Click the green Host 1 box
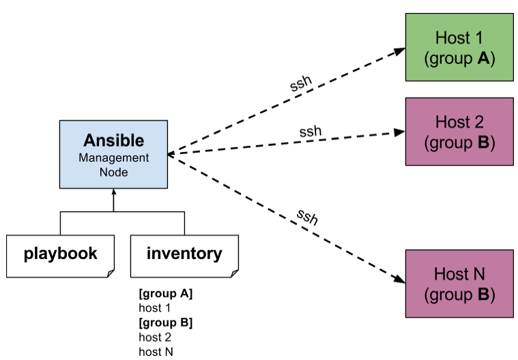(x=459, y=46)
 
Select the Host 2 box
(x=459, y=132)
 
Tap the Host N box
(x=459, y=284)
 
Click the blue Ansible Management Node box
(x=113, y=154)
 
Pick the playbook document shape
(x=60, y=256)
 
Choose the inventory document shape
(x=184, y=256)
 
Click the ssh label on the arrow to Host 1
(x=301, y=85)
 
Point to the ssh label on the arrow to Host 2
(x=310, y=131)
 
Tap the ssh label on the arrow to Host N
(x=307, y=217)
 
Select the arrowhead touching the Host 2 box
(x=401, y=133)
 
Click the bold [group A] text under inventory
(x=165, y=294)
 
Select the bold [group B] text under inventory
(x=165, y=322)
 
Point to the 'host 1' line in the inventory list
(x=154, y=308)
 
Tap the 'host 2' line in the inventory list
(x=154, y=337)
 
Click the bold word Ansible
(x=113, y=140)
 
